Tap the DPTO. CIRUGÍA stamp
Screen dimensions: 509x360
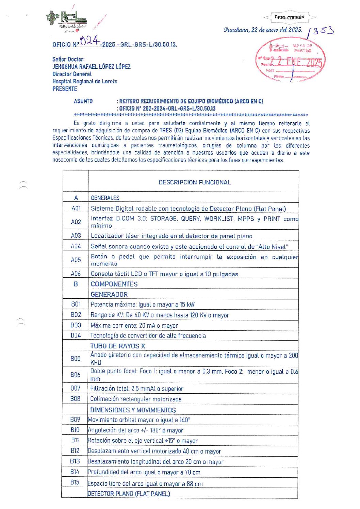tap(290, 17)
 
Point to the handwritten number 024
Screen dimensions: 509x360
tap(89, 41)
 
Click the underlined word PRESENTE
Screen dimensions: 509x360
tap(65, 89)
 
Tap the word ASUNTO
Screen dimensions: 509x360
tap(83, 101)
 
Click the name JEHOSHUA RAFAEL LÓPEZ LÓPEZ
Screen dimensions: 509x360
tap(92, 67)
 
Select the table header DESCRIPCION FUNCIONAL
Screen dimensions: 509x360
tap(195, 182)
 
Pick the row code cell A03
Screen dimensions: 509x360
tap(76, 235)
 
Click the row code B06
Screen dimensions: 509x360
tap(75, 375)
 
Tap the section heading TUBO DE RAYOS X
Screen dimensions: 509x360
tap(117, 346)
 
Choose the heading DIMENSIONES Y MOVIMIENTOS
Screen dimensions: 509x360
tap(133, 410)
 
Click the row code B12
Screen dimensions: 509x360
tap(75, 451)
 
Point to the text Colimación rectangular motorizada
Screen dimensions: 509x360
tap(136, 399)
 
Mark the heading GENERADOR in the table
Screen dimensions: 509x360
tap(109, 294)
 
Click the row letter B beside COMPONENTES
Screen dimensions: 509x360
tap(76, 284)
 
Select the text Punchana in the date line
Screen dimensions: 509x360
tap(236, 30)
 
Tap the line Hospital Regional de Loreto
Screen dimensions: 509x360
tap(85, 81)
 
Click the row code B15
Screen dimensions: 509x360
tap(75, 482)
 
